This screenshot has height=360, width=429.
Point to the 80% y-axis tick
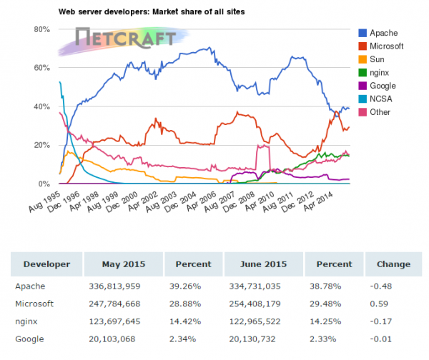(x=40, y=29)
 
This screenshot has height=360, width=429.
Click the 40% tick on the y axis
(x=40, y=106)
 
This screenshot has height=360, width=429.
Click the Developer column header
(x=46, y=264)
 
